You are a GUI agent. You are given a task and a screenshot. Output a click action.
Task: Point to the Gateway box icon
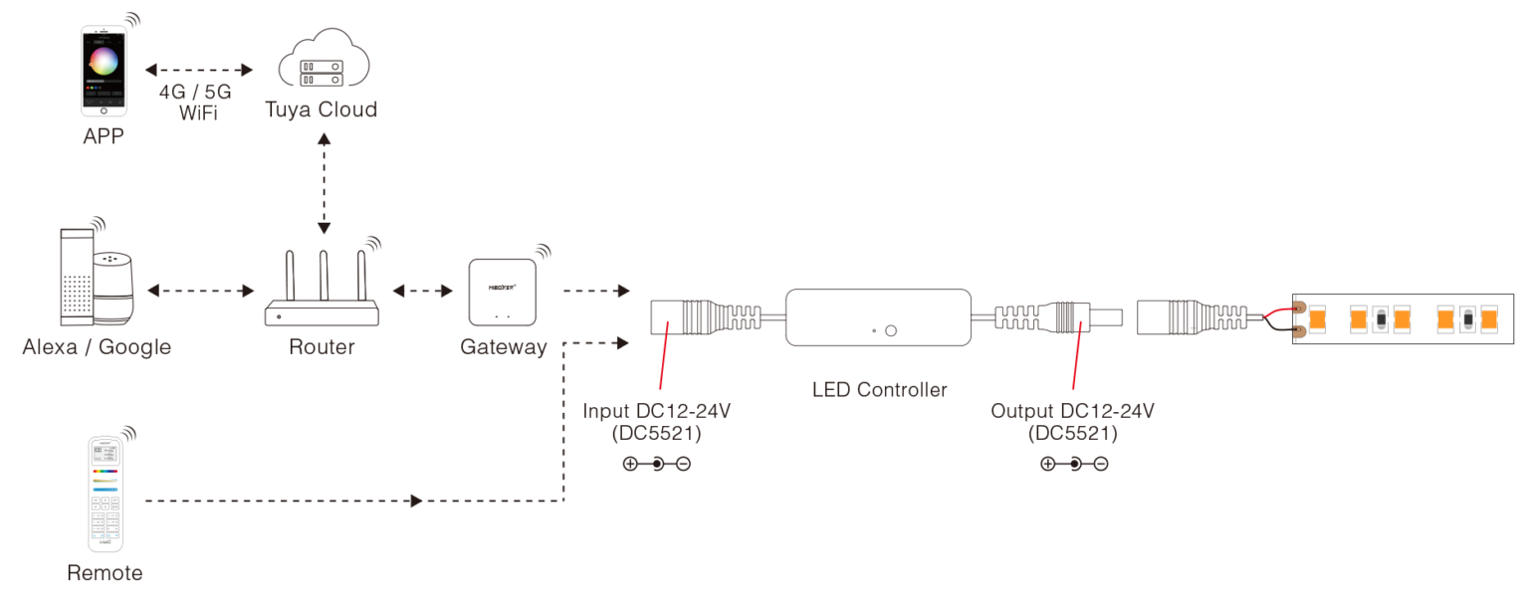503,291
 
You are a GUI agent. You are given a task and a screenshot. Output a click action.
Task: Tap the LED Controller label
879,389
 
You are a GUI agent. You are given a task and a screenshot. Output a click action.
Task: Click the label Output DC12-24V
1072,410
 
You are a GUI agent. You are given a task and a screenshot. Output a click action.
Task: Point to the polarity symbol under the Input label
656,464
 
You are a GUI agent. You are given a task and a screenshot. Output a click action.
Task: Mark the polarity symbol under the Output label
1073,464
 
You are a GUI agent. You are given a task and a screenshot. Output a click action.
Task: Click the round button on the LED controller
891,330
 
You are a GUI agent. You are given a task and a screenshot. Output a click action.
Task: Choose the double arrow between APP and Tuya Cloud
199,71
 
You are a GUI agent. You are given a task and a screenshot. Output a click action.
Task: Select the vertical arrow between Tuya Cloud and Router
322,182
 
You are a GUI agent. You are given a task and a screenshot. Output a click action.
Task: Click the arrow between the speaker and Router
200,292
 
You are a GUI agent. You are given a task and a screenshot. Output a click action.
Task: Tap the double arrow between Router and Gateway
423,292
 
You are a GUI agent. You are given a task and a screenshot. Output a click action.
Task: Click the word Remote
105,574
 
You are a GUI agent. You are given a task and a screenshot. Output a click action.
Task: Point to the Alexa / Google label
97,347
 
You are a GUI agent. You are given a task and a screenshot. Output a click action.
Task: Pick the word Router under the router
322,347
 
